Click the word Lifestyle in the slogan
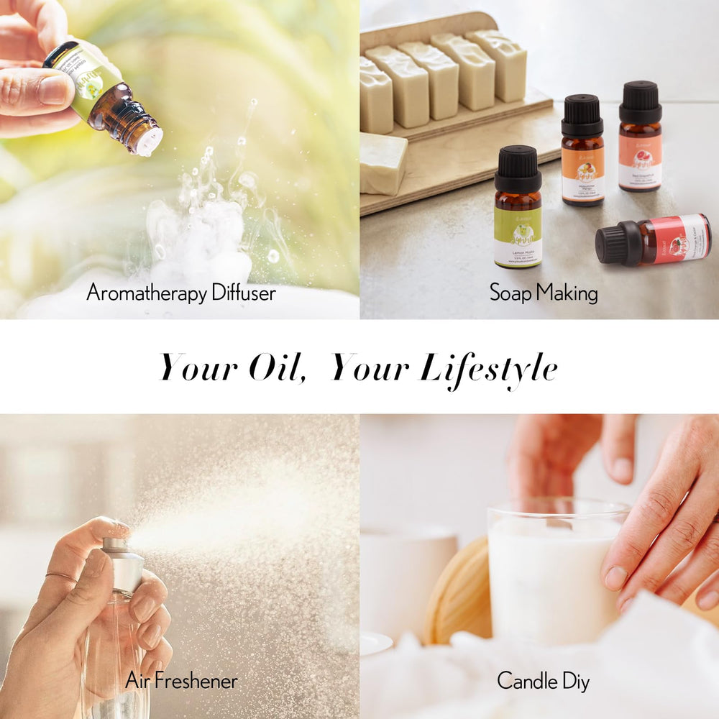489,368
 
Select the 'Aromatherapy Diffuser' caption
180,293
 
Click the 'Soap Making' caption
543,293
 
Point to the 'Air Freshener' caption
181,680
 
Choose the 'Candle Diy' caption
543,680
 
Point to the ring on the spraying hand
62,577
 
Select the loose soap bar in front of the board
383,163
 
